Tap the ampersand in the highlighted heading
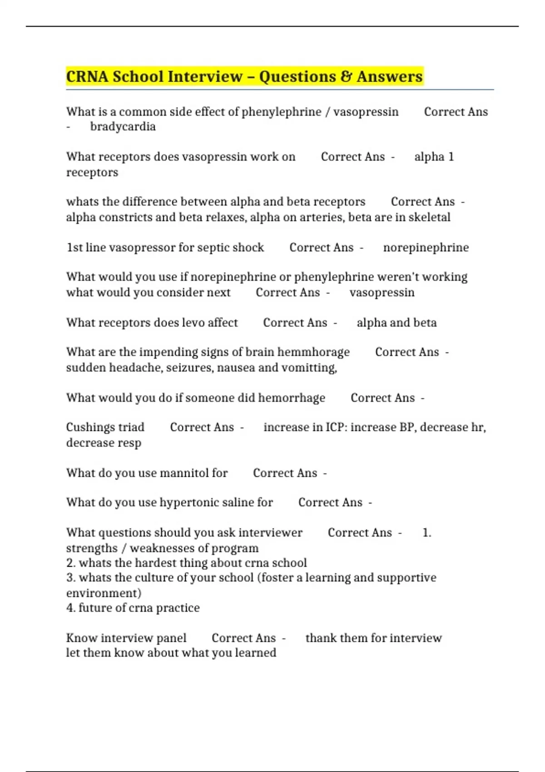[346, 76]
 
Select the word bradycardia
[123, 127]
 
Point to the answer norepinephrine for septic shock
[426, 247]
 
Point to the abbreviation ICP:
[336, 427]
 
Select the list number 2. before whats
[71, 563]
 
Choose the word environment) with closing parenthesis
[104, 593]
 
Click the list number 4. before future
[71, 608]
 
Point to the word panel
[171, 638]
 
